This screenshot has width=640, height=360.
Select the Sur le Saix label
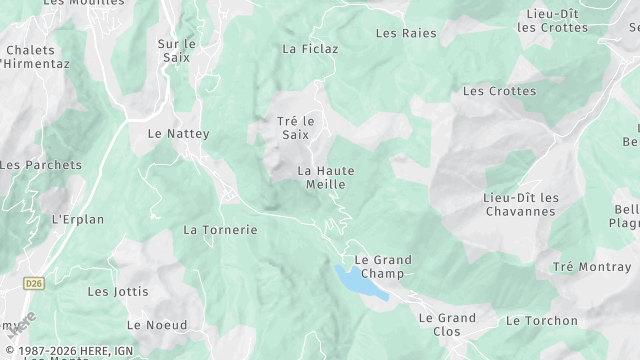pos(177,51)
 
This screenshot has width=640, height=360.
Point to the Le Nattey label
pos(179,132)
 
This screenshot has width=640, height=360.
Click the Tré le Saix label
pos(295,127)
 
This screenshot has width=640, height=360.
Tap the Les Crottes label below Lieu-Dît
pos(499,91)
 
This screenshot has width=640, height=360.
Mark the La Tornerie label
pos(220,229)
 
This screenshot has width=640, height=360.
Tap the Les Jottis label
pos(118,292)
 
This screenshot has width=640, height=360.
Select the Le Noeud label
pos(156,325)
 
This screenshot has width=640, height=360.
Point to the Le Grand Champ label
pos(383,266)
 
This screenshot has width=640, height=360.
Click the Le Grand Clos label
pos(447,324)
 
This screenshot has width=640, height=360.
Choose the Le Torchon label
pos(542,321)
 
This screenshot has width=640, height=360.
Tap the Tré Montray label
pos(591,267)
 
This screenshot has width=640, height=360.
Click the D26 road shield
pos(35,283)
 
